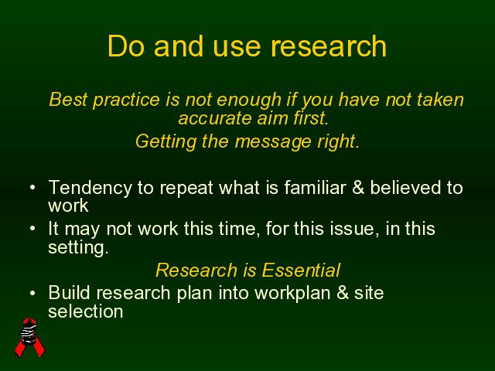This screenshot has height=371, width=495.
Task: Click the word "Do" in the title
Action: [x=126, y=46]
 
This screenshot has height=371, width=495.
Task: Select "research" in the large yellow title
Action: [x=329, y=46]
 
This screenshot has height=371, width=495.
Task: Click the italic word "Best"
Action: [x=68, y=100]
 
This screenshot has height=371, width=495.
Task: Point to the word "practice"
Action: [x=126, y=101]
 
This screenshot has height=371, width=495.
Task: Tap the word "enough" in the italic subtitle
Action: [x=249, y=101]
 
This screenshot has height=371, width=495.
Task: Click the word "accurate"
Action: [x=215, y=119]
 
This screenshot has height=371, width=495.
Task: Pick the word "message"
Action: [x=273, y=143]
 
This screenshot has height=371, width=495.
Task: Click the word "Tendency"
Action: [x=90, y=189]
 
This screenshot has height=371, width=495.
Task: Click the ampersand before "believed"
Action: [x=358, y=188]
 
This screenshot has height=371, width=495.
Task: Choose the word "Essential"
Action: [x=301, y=271]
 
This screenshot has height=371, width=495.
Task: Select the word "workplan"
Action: [x=292, y=294]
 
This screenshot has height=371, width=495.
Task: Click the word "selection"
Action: [x=86, y=311]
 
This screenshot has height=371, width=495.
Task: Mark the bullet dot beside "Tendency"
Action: [x=32, y=187]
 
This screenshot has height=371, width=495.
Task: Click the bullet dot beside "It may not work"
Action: [x=32, y=229]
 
